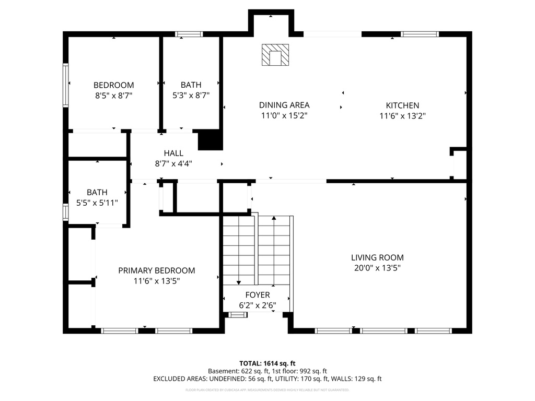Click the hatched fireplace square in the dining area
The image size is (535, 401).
tap(275, 55)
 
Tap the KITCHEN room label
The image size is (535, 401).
tap(402, 105)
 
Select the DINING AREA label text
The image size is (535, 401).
tap(284, 105)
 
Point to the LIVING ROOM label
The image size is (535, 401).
tap(377, 257)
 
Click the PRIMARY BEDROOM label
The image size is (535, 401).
tap(156, 270)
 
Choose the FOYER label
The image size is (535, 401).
tap(257, 295)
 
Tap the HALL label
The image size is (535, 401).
tap(173, 153)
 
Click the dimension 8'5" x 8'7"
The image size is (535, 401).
tap(113, 96)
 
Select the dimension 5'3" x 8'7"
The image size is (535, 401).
tap(191, 96)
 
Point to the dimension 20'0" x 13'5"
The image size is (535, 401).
tap(377, 268)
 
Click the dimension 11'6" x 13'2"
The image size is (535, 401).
tap(402, 116)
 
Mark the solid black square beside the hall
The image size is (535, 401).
tap(210, 140)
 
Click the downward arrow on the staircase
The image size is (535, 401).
tap(239, 282)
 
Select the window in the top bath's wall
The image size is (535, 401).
tap(189, 34)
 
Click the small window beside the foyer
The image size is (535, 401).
tap(238, 314)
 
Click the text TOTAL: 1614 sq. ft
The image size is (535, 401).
tap(267, 363)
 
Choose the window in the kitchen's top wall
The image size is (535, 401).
tap(420, 34)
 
